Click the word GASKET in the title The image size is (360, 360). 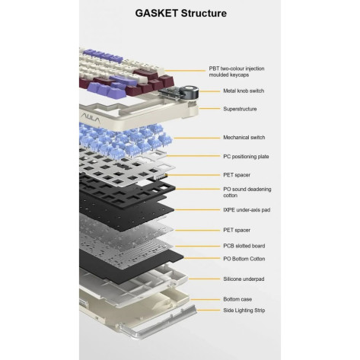coord(157,13)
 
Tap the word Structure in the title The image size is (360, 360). coord(204,13)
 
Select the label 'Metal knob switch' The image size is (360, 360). coord(244,91)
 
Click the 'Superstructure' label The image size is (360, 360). coord(240,109)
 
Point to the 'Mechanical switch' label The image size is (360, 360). coord(244,137)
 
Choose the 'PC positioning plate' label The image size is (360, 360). coord(246,157)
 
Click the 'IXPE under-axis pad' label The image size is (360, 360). coord(247,210)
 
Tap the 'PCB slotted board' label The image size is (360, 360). coord(244,246)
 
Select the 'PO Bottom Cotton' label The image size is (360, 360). coord(244,259)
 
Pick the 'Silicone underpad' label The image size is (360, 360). coord(244,279)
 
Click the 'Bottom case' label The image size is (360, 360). coord(237,299)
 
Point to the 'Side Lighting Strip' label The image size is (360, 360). coord(244,311)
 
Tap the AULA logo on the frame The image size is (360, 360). coord(91,118)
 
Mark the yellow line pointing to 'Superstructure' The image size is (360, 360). coord(209,109)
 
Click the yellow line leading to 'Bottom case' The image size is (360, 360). coord(205,299)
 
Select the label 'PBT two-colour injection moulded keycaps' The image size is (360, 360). coord(237,72)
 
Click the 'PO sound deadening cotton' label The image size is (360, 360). coord(247,192)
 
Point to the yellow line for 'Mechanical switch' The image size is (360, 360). coord(197,138)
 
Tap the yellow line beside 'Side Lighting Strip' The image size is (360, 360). coord(209,310)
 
